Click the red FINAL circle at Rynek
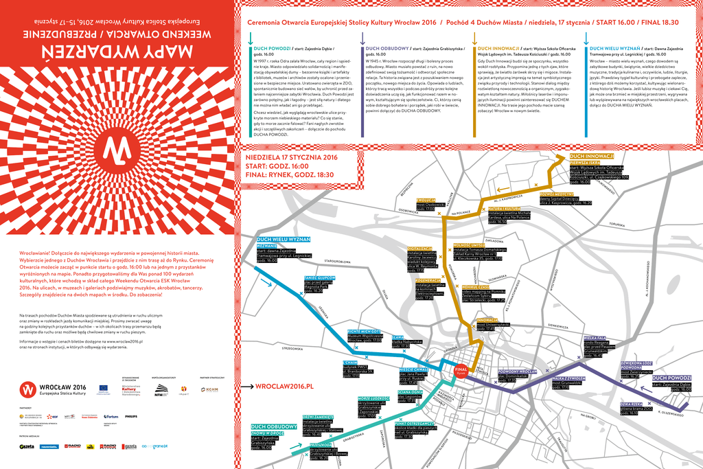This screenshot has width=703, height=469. [462, 369]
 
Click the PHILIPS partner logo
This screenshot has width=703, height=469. [130, 416]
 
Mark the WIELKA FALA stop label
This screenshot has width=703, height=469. [594, 338]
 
